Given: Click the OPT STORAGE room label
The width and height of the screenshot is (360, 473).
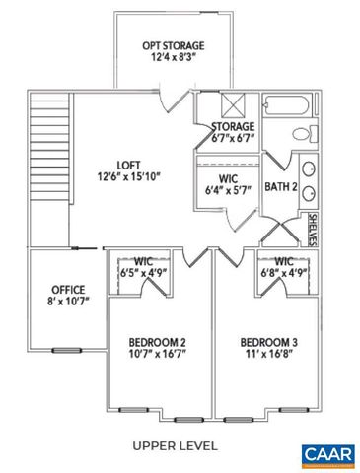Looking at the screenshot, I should pyautogui.click(x=174, y=45).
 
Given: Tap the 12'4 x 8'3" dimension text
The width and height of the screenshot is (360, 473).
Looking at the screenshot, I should pyautogui.click(x=174, y=59).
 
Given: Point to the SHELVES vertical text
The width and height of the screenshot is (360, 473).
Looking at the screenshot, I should pyautogui.click(x=313, y=228).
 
